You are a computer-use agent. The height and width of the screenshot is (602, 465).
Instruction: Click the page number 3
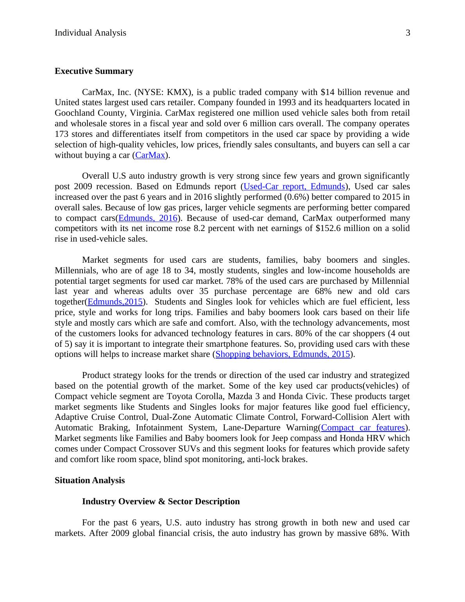[408, 33]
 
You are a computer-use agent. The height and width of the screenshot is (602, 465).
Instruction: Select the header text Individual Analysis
[90, 33]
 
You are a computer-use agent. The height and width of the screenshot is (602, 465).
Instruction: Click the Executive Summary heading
[94, 71]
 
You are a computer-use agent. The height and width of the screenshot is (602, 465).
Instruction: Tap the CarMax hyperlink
[150, 155]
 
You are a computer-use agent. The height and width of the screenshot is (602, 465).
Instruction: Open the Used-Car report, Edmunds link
[294, 186]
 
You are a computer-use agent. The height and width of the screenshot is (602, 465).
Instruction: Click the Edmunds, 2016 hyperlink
[148, 218]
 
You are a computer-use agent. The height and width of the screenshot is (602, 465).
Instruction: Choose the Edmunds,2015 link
[115, 302]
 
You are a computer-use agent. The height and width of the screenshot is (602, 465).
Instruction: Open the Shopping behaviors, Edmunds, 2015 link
[283, 354]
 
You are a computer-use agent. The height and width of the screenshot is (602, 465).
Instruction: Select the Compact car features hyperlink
[363, 428]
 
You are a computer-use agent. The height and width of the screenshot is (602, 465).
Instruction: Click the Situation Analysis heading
[89, 480]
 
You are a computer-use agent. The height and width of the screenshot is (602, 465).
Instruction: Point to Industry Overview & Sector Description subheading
[161, 502]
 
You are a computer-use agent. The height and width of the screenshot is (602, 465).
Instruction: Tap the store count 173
[63, 134]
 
